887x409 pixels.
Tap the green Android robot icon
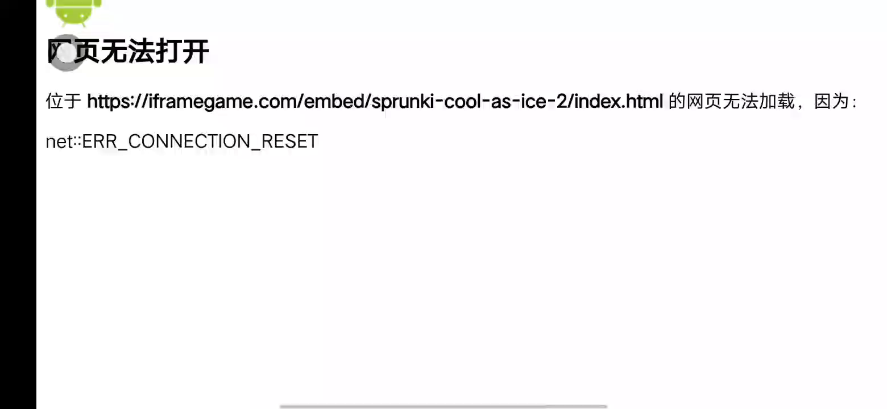(74, 11)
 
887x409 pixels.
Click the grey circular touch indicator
(67, 53)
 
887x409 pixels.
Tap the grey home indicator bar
(443, 406)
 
